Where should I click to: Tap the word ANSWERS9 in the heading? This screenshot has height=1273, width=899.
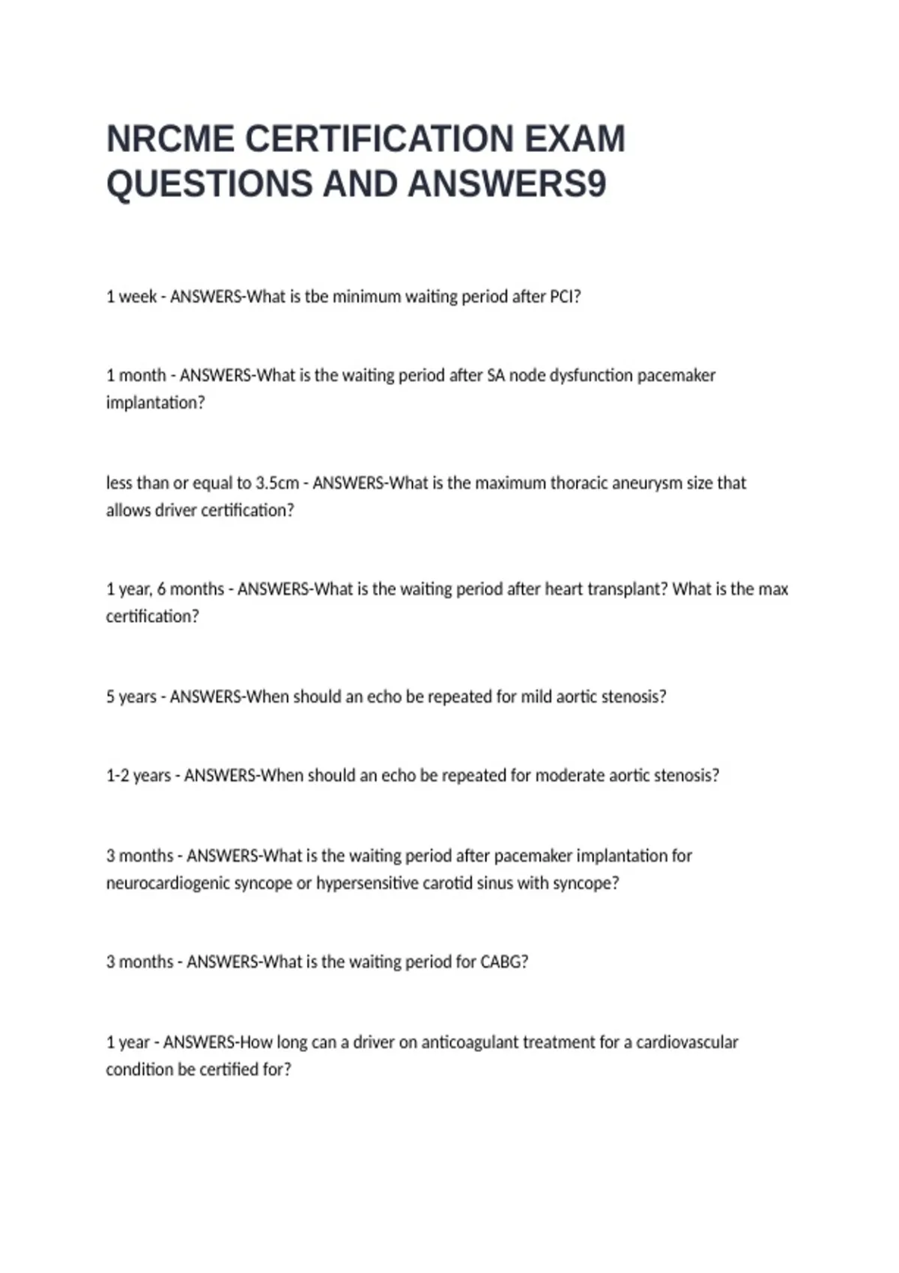[x=507, y=184]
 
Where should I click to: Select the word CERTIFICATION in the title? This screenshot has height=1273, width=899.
[x=379, y=139]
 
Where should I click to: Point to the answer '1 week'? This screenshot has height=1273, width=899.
[x=131, y=297]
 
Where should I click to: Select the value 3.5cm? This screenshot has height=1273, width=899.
[x=277, y=483]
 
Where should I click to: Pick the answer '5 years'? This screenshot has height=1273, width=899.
[x=131, y=697]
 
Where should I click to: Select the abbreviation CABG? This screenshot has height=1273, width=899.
[x=503, y=961]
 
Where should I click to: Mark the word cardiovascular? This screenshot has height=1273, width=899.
[x=687, y=1042]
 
